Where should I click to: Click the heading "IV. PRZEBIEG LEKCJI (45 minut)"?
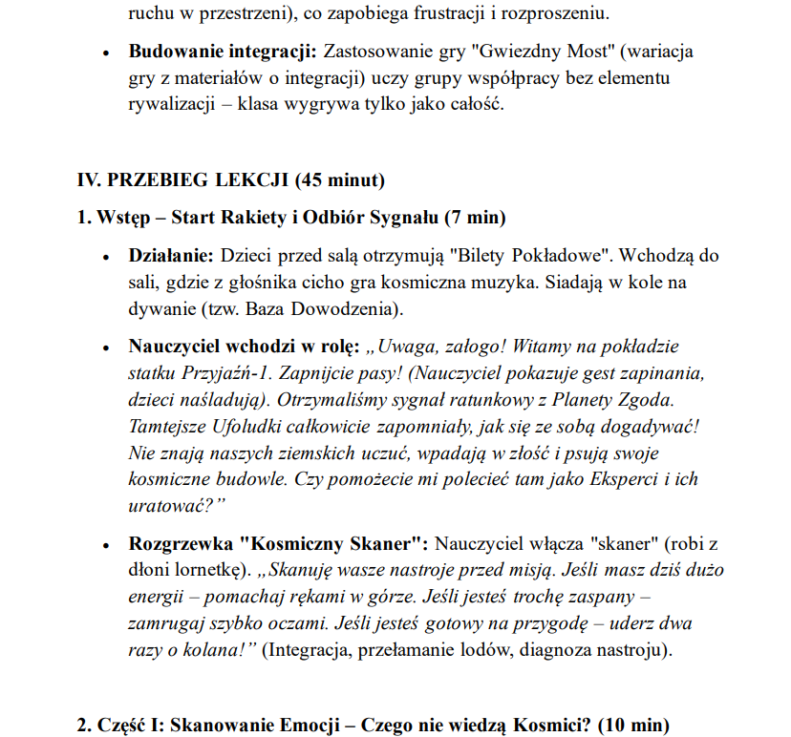coord(231,179)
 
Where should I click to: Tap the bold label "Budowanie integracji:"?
coord(223,50)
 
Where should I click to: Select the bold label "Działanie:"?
coord(172,257)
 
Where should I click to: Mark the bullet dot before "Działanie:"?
coord(107,258)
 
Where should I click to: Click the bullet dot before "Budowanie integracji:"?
coord(107,51)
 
